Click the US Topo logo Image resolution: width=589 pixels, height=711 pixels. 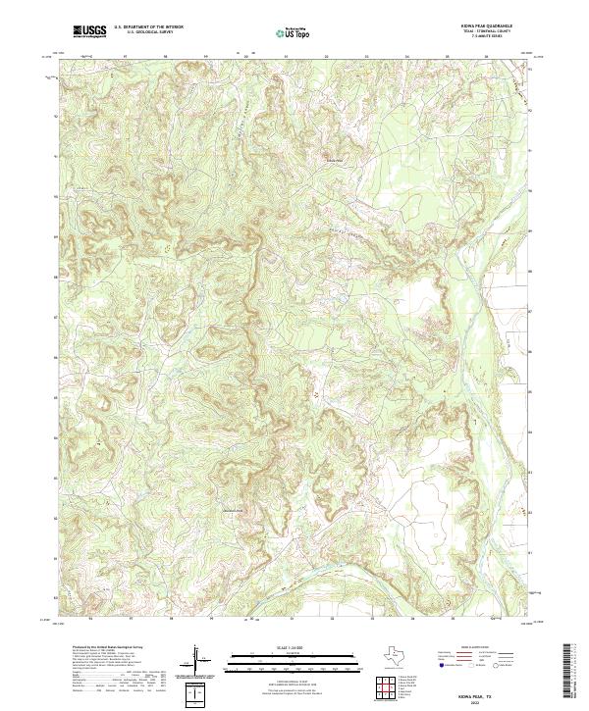pos(294,32)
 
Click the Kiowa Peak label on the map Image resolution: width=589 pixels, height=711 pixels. pos(335,162)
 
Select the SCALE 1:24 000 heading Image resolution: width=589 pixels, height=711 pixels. pos(294,648)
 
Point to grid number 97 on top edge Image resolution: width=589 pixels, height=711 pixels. pos(126,56)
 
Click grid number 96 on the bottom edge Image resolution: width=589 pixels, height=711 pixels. pos(94,620)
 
